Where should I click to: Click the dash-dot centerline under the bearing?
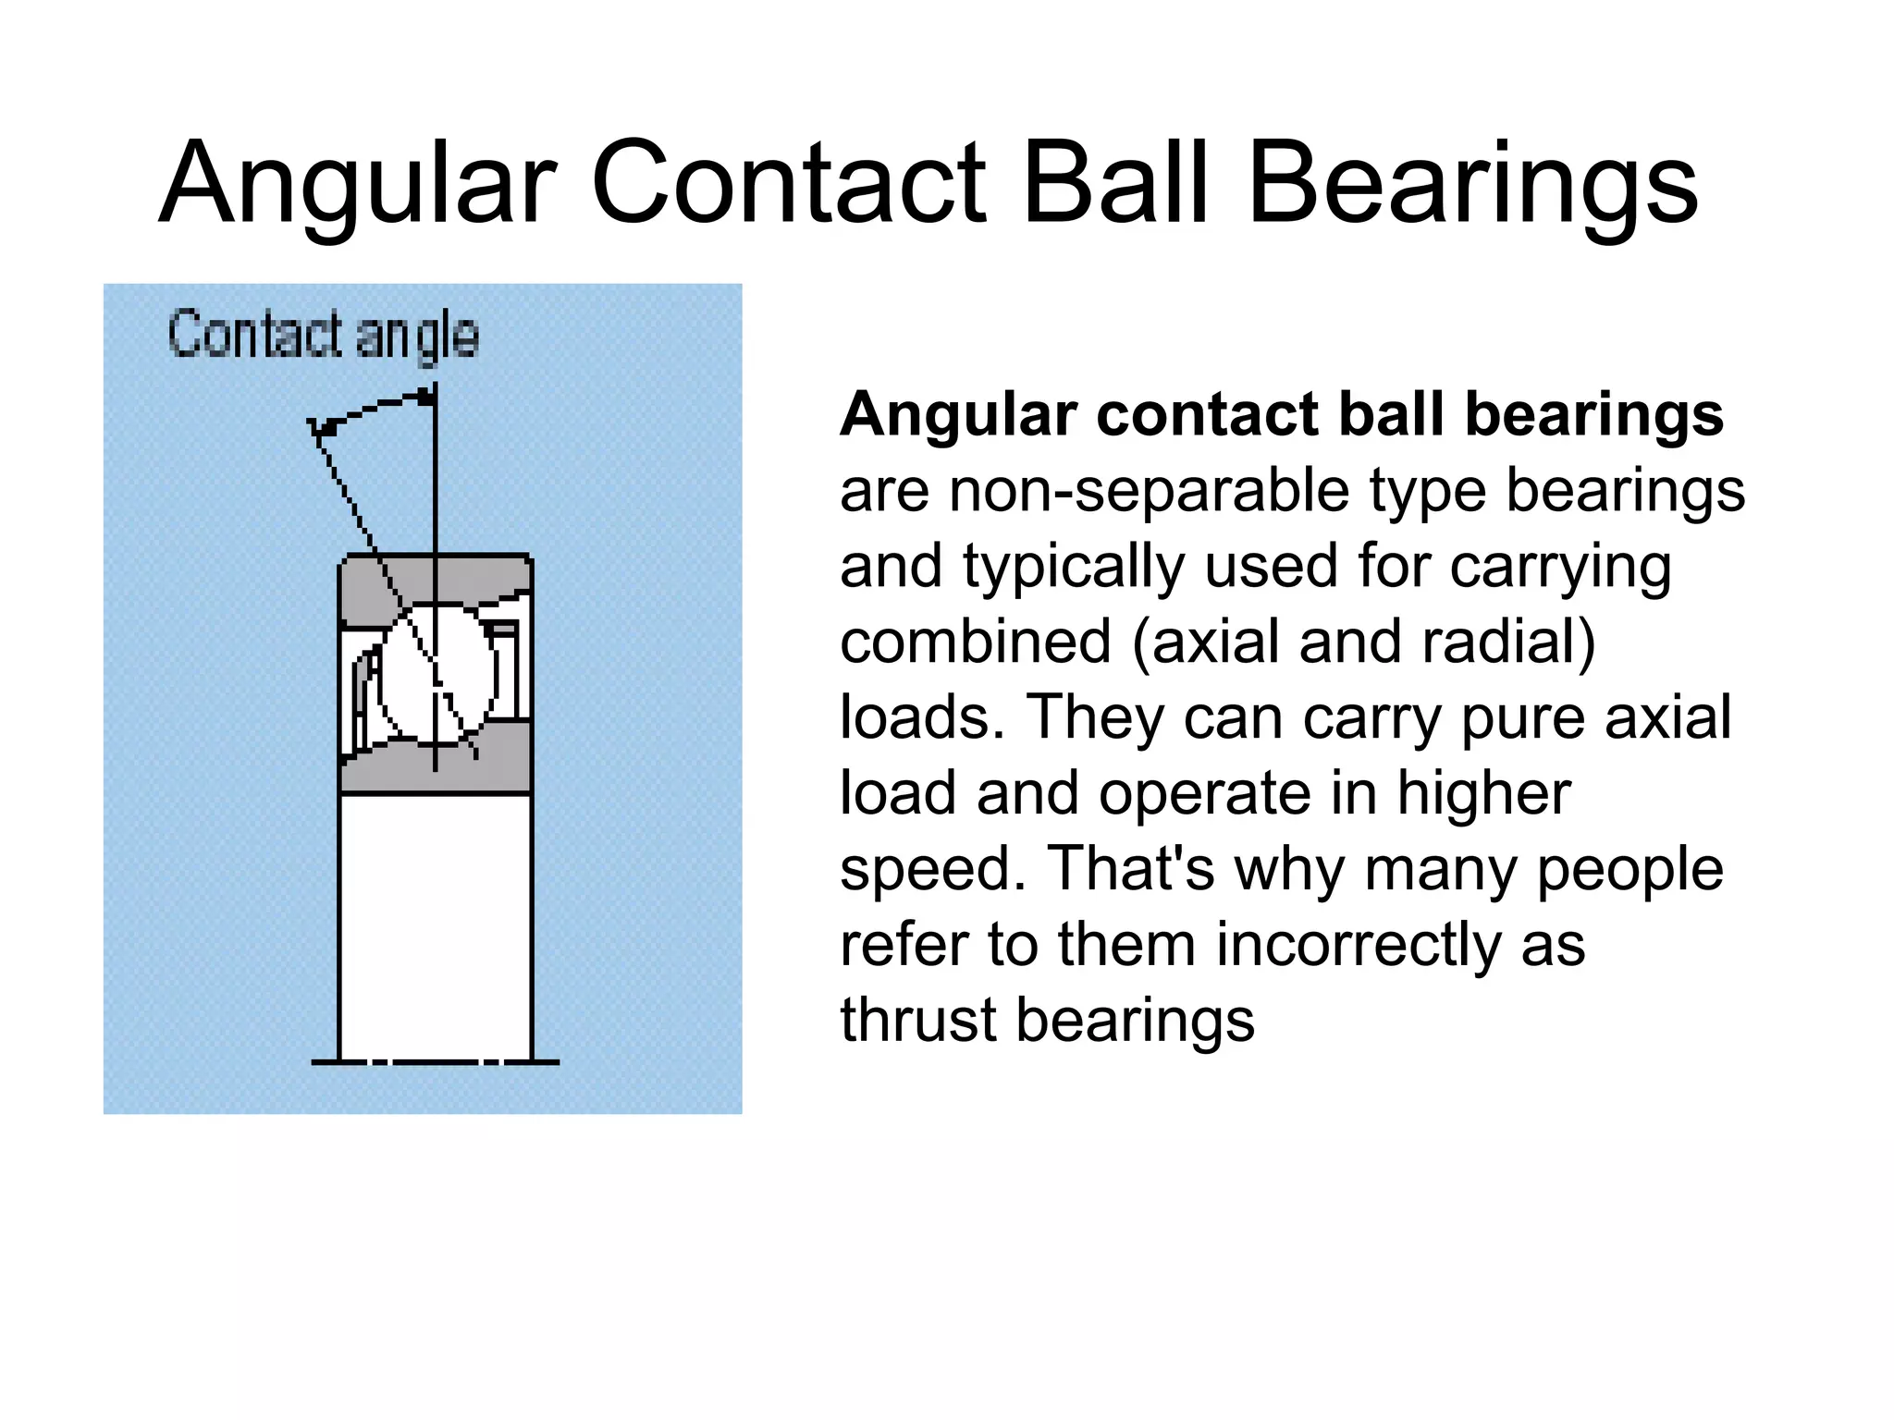(x=435, y=1062)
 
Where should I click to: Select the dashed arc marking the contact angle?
(x=370, y=410)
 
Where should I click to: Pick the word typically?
(x=1074, y=566)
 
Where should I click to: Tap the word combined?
(x=975, y=642)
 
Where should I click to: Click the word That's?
(x=1132, y=869)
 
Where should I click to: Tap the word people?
(x=1631, y=869)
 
